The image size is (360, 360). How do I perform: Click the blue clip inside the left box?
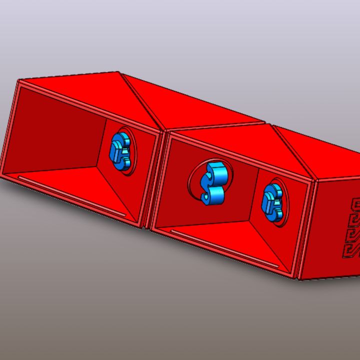point(120,151)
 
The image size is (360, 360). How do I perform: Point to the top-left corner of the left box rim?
point(19,81)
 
